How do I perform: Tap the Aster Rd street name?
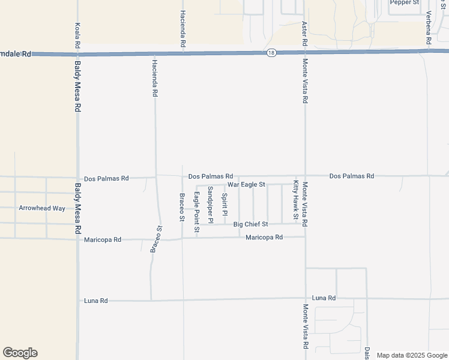(x=305, y=35)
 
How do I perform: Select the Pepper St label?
(x=404, y=2)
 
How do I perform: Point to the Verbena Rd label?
(x=429, y=28)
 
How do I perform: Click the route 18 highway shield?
(x=272, y=53)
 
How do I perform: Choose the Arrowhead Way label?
(x=42, y=208)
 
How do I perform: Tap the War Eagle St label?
(x=246, y=185)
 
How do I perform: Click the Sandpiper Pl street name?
(x=211, y=205)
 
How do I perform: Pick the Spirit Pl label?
(x=224, y=204)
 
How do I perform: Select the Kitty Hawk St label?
(x=296, y=200)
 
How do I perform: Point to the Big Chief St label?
(x=250, y=224)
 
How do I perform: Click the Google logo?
(x=20, y=353)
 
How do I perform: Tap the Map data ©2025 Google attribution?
(x=411, y=355)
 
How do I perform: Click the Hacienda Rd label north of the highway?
(x=182, y=29)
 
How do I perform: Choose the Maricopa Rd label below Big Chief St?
(x=264, y=238)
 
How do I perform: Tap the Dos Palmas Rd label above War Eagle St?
(x=210, y=176)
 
